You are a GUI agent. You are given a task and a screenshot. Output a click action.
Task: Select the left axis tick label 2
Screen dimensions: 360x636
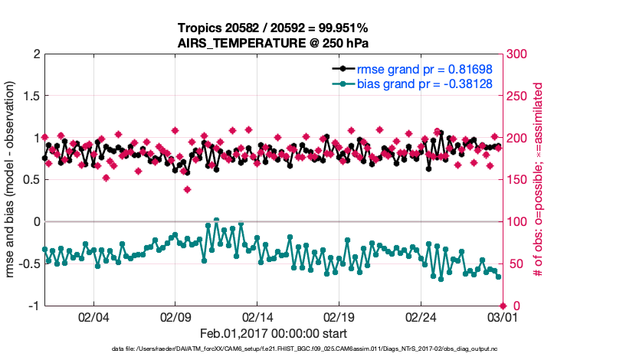pyautogui.click(x=36, y=54)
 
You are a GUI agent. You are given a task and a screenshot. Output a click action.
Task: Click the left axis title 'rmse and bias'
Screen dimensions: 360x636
pyautogui.click(x=11, y=180)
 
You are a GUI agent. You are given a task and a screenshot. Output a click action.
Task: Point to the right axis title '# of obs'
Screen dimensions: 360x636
pyautogui.click(x=539, y=180)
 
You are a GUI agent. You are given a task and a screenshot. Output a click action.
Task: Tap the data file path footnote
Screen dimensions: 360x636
pyautogui.click(x=273, y=349)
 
